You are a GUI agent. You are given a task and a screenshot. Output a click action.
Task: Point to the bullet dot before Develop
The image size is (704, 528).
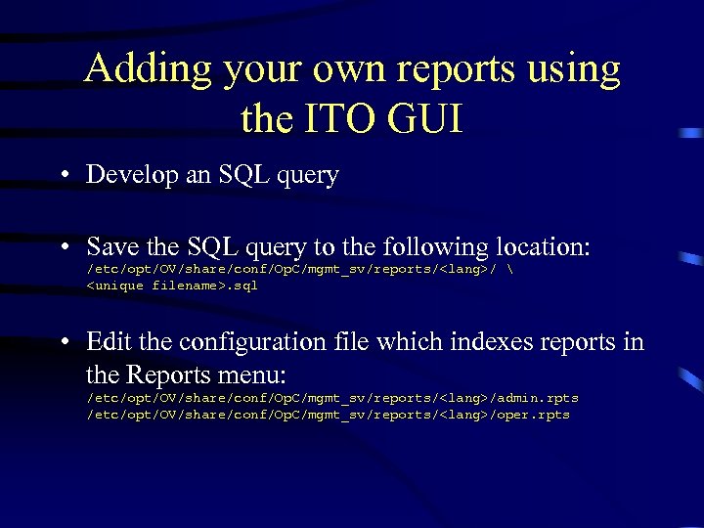point(62,176)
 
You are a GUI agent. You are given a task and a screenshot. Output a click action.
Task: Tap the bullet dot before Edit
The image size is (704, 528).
point(62,342)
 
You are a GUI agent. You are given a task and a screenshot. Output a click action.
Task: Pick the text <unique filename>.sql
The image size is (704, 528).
point(172,286)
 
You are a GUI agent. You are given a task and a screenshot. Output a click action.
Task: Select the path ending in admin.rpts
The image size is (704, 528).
point(332,398)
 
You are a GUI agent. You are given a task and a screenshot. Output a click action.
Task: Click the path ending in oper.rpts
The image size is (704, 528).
point(329,415)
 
